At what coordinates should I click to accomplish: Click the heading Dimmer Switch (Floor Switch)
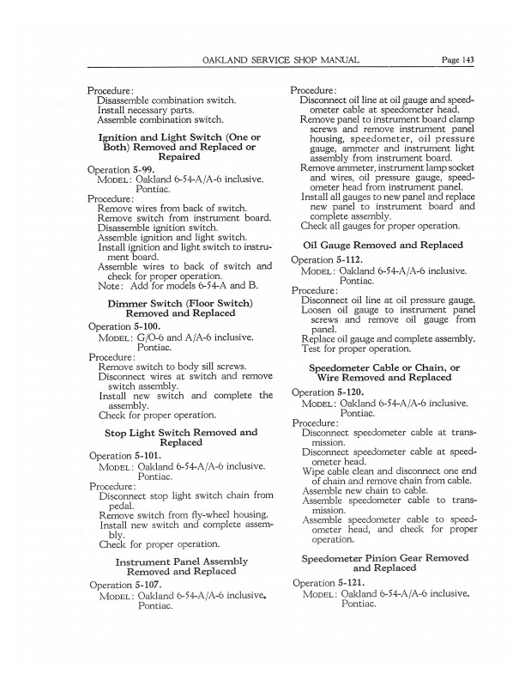click(x=180, y=303)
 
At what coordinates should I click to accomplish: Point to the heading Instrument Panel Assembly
click(x=181, y=562)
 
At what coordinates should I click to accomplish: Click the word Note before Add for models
click(x=110, y=287)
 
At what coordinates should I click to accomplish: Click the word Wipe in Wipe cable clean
click(x=314, y=471)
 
